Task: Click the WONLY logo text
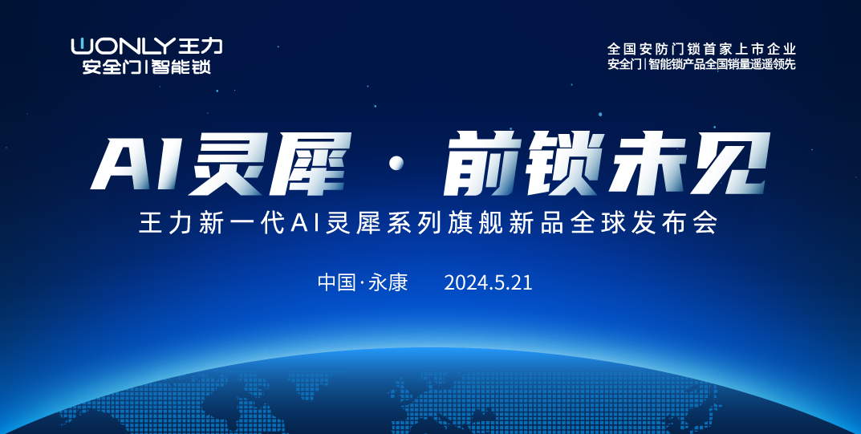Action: click(123, 46)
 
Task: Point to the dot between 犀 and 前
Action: click(396, 164)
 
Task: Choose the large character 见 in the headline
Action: click(729, 164)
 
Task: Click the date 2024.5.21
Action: click(488, 283)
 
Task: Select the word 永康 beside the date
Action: click(388, 282)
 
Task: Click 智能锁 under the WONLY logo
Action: click(182, 67)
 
